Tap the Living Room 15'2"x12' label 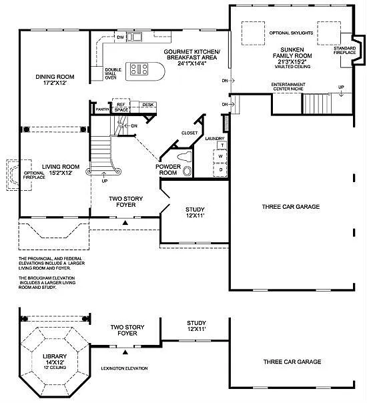[61, 169]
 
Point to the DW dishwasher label [120, 37]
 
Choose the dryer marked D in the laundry [221, 169]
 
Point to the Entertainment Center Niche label [288, 87]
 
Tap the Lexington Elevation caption [125, 368]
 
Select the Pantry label [102, 108]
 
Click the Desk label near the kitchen [147, 105]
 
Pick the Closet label [190, 133]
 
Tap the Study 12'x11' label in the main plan [196, 212]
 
